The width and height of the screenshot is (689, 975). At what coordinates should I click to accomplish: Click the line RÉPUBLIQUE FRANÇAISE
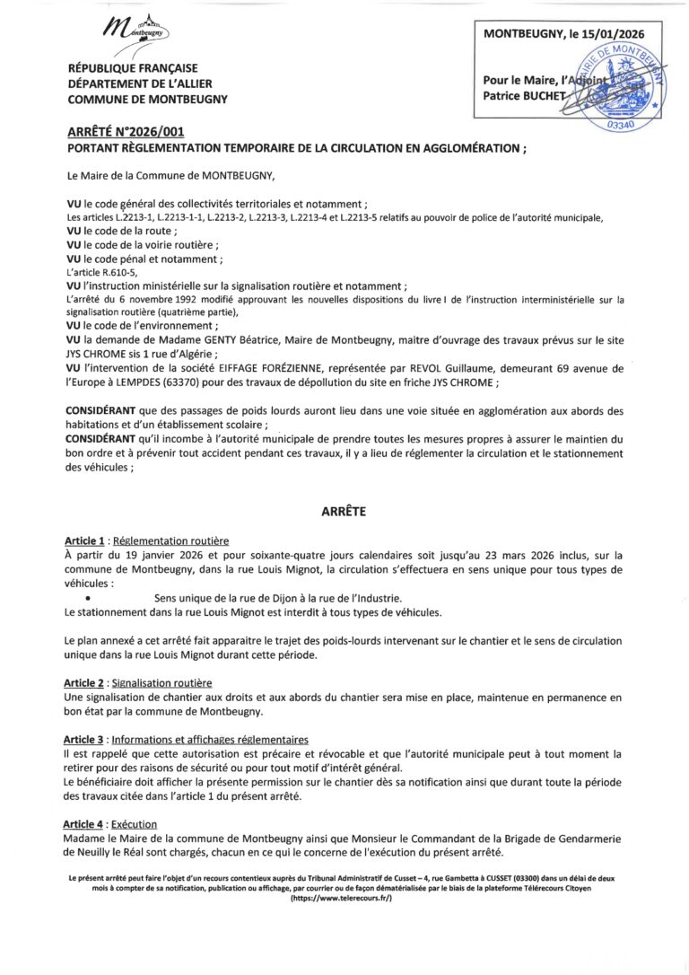click(133, 68)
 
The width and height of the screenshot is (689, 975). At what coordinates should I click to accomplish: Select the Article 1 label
click(86, 541)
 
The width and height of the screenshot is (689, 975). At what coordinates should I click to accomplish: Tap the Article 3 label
click(86, 740)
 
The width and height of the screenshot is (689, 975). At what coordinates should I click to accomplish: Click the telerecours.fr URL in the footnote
click(344, 899)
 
